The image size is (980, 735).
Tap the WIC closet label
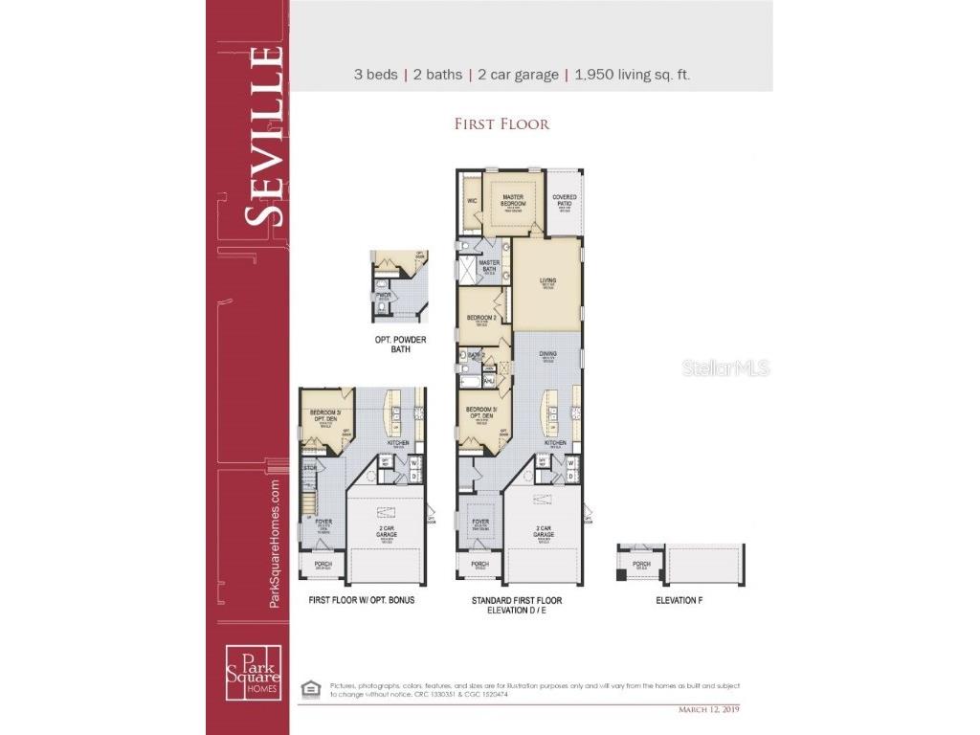472,201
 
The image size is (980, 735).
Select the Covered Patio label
565,200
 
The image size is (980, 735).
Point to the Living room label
547,280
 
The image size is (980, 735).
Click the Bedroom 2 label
481,318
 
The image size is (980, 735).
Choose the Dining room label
548,354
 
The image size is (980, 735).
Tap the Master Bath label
489,265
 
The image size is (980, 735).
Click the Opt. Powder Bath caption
400,345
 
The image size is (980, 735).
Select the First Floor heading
501,123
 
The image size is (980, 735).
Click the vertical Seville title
262,135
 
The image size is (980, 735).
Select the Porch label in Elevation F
641,565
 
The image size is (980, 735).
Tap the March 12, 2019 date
708,709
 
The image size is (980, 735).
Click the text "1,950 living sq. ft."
632,75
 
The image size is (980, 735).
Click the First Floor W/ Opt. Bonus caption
362,600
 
